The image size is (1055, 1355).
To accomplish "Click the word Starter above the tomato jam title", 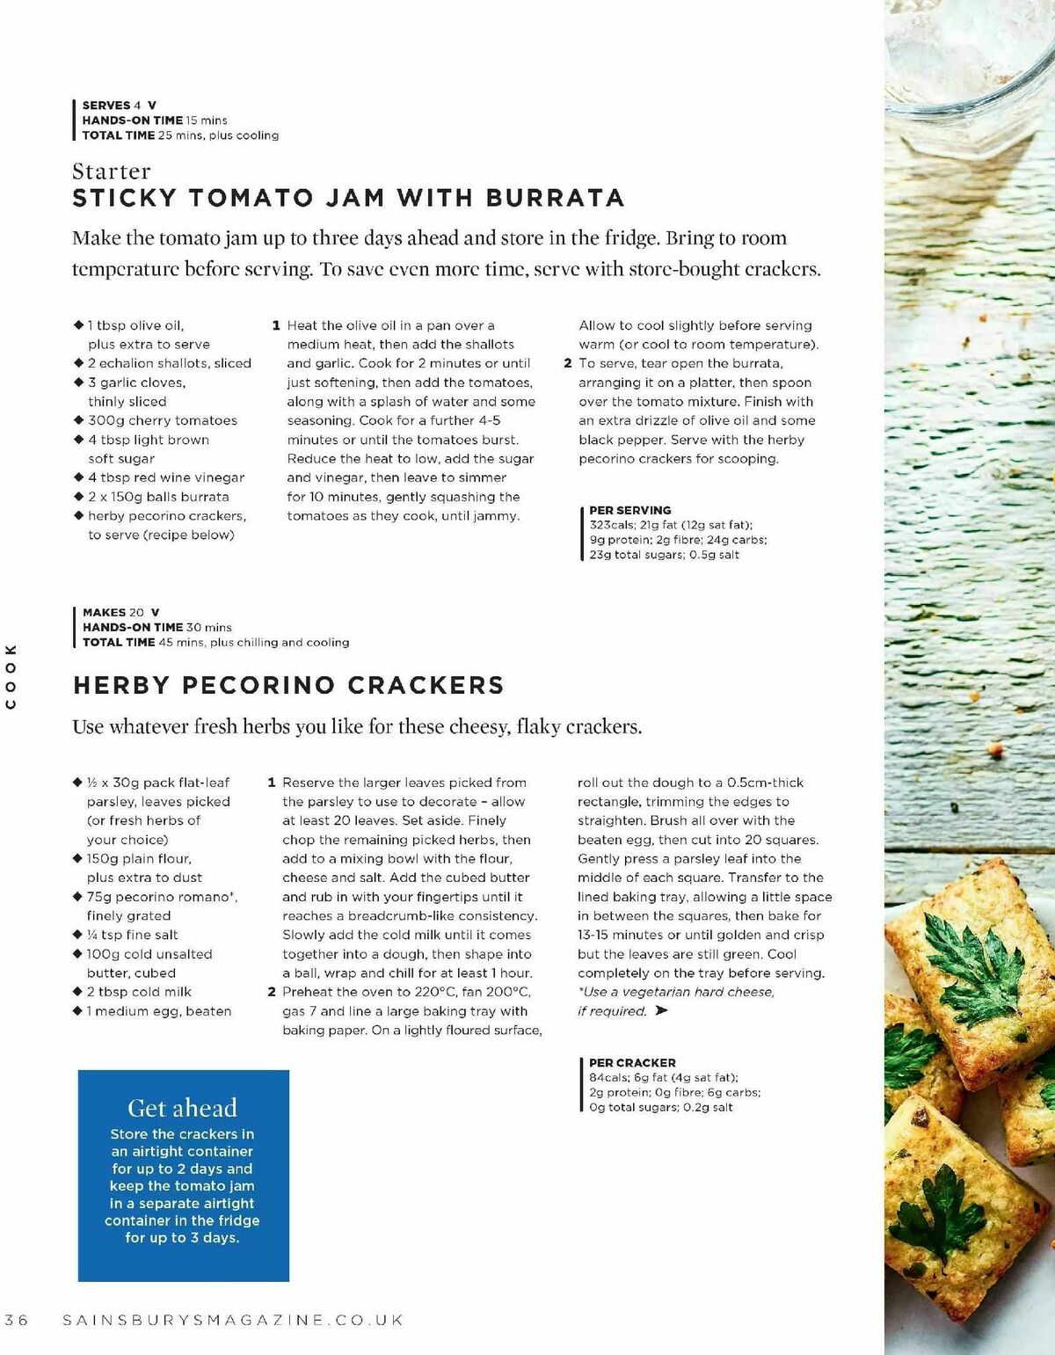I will [x=112, y=171].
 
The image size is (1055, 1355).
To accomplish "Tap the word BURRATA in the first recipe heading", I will [x=555, y=198].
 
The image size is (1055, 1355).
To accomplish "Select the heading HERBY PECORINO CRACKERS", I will [x=288, y=685].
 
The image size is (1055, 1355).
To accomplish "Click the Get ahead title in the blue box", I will [x=183, y=1108].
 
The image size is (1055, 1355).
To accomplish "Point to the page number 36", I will [x=17, y=1320].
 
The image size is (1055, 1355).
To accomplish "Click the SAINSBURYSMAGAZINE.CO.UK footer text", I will [x=234, y=1320].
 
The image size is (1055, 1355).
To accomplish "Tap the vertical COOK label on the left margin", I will [x=11, y=676].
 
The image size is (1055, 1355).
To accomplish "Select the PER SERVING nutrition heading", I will [x=629, y=510].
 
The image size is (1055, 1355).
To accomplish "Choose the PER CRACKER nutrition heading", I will [x=632, y=1062].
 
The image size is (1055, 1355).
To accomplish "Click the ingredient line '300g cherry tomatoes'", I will [x=162, y=420].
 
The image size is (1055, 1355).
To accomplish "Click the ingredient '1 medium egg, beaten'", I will [x=158, y=1011].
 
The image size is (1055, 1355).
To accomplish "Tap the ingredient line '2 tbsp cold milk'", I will [x=138, y=992].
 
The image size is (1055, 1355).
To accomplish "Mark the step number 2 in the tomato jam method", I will [x=568, y=363].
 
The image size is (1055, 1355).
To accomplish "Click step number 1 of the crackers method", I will [x=272, y=783].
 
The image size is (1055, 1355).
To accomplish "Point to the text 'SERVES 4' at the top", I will [x=112, y=105].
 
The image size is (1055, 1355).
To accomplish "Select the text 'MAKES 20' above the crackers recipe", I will [x=113, y=612].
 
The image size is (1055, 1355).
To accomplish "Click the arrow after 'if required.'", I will [x=662, y=1011].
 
